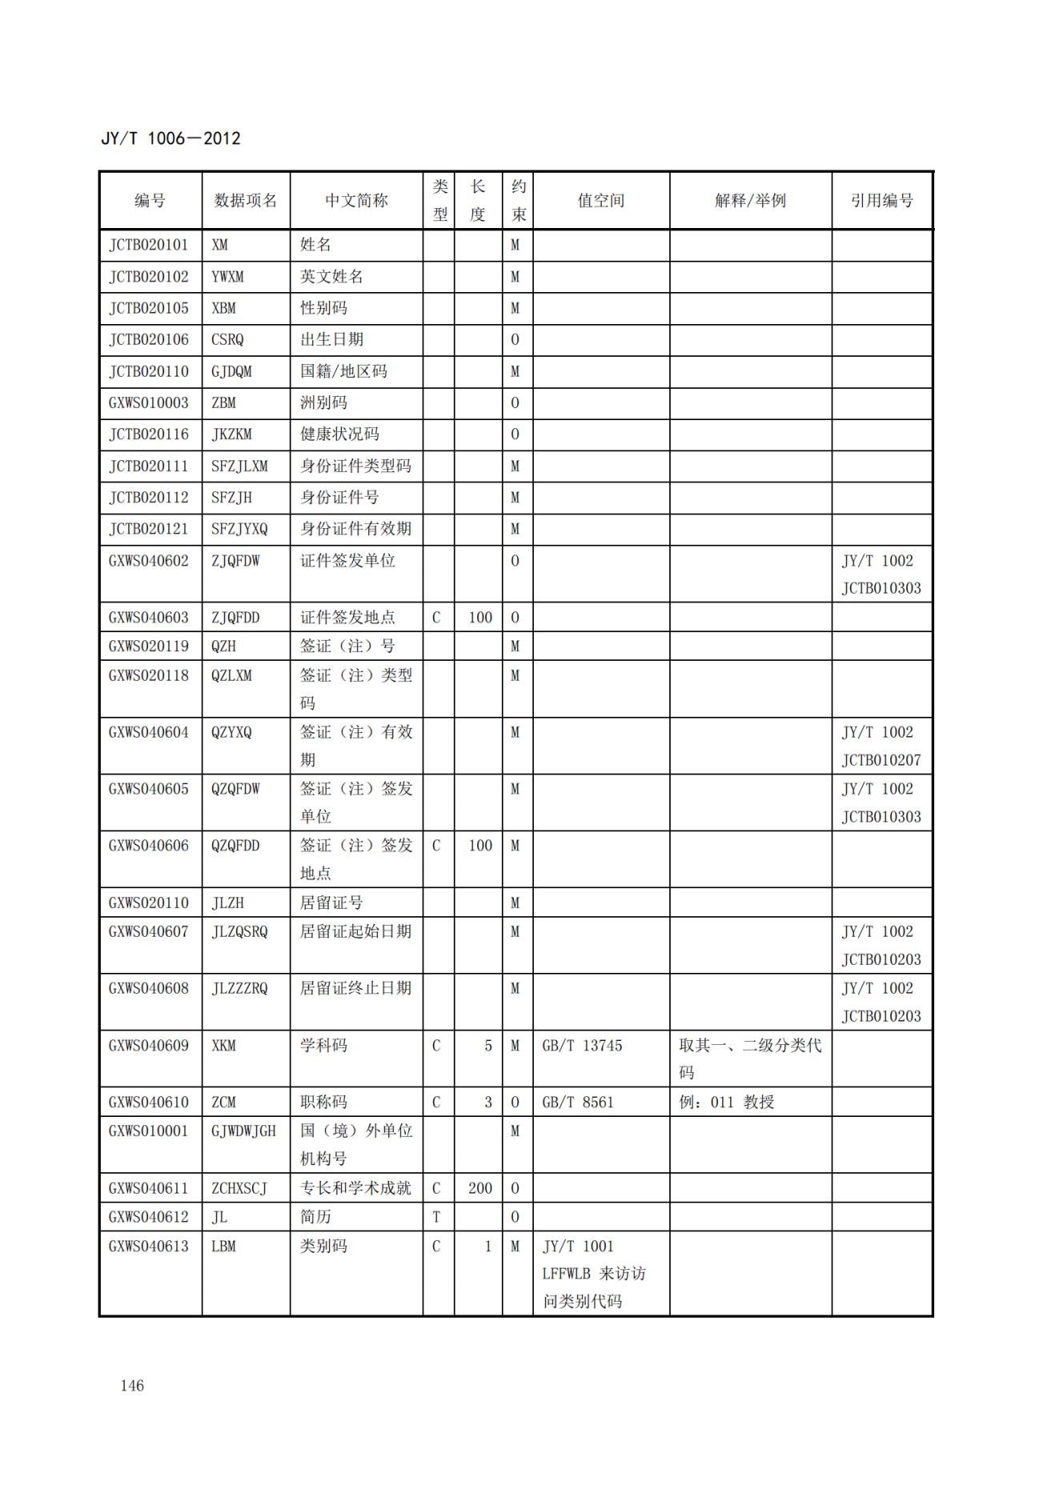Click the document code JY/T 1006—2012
click(x=170, y=138)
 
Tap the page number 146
click(x=132, y=1386)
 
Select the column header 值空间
click(x=600, y=201)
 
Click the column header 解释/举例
click(x=750, y=201)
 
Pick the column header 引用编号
click(x=881, y=201)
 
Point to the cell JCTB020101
click(x=149, y=245)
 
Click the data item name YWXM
click(x=227, y=277)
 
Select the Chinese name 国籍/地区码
click(x=343, y=371)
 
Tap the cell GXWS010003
click(x=149, y=402)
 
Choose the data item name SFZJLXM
click(x=239, y=466)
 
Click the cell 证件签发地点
click(x=347, y=618)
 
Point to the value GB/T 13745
click(x=582, y=1046)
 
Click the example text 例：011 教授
click(x=727, y=1103)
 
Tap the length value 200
click(x=480, y=1188)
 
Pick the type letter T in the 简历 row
click(x=436, y=1217)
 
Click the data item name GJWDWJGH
click(x=243, y=1131)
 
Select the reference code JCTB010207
click(x=881, y=760)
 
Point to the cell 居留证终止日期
click(x=355, y=989)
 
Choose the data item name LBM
click(x=223, y=1247)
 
